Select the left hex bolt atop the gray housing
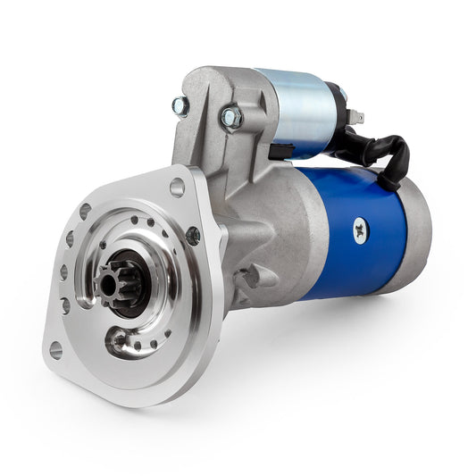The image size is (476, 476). tap(180, 106)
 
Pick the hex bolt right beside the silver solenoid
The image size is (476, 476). tap(230, 116)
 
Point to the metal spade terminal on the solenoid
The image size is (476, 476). tap(357, 116)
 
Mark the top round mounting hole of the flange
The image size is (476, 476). tap(177, 188)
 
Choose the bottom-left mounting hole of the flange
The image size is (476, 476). tap(56, 349)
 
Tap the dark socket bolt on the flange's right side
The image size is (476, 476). tap(193, 236)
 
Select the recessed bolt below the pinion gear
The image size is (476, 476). tap(119, 339)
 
